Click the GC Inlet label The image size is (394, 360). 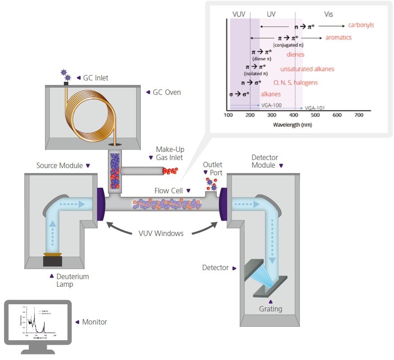95,78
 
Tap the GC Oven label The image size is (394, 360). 167,92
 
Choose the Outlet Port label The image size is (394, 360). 212,169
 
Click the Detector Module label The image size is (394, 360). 264,161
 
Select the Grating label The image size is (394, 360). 271,309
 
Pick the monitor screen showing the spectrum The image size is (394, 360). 37,321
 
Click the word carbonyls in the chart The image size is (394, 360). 361,25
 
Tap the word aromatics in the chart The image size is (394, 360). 339,37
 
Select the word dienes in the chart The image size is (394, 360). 295,54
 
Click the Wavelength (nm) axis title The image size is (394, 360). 292,124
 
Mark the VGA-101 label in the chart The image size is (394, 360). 315,108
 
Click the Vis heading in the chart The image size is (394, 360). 329,14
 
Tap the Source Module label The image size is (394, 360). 59,165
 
